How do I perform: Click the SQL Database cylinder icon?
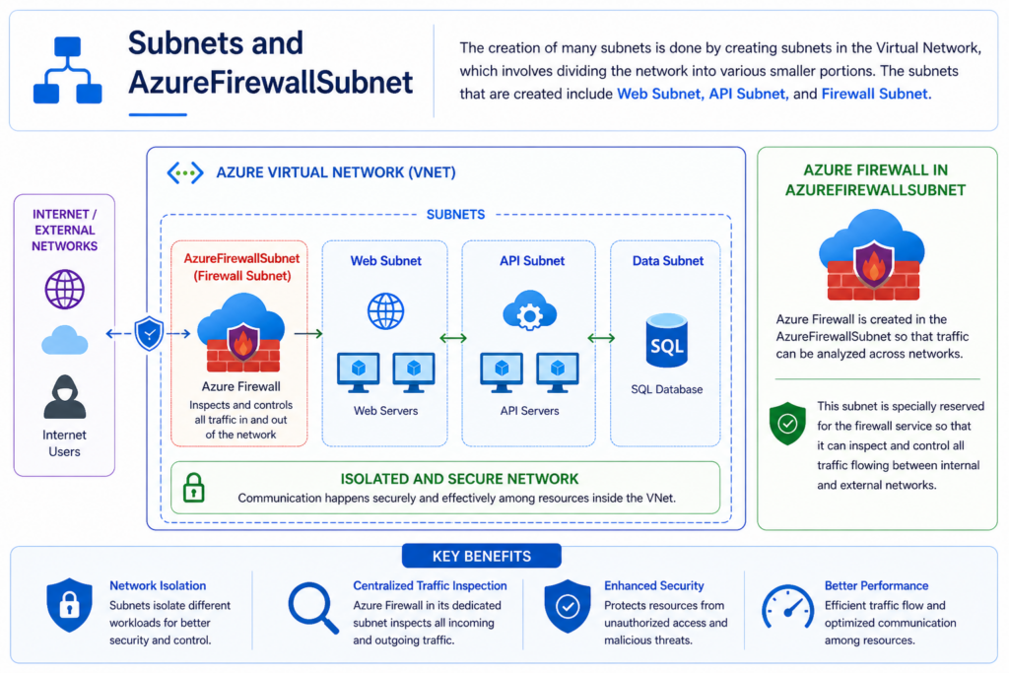coord(667,340)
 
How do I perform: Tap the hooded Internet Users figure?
coord(64,397)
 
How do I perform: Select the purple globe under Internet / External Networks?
coord(64,290)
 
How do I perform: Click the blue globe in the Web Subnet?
coord(385,311)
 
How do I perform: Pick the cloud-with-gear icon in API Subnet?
coord(529,310)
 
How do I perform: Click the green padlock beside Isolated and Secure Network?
coord(194,488)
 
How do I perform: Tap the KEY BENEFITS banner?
coord(481,556)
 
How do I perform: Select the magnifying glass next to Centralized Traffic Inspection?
coord(313,607)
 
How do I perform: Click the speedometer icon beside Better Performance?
coord(787,607)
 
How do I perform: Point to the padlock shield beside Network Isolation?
coord(70,605)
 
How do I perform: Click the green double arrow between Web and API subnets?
coord(453,338)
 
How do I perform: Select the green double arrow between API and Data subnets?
coord(601,338)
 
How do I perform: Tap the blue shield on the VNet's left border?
coord(150,333)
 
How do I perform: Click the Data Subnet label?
coord(668,260)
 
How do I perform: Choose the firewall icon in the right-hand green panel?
coord(872,255)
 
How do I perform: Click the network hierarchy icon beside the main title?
coord(68,70)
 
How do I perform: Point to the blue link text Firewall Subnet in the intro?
coord(875,94)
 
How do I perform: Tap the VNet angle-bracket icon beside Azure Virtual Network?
coord(185,172)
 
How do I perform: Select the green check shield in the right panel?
coord(787,424)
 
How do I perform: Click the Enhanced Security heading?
coord(654,585)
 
